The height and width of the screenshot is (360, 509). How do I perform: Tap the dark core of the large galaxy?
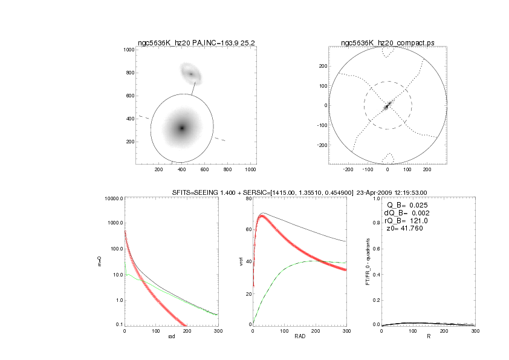[x=181, y=128]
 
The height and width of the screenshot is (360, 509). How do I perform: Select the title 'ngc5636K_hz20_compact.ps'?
[x=387, y=43]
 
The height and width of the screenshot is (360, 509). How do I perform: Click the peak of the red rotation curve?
[x=262, y=216]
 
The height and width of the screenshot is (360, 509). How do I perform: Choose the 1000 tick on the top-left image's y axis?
[x=128, y=50]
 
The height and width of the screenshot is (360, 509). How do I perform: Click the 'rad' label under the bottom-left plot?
[x=171, y=336]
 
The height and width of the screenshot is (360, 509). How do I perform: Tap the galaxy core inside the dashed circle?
[x=387, y=106]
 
